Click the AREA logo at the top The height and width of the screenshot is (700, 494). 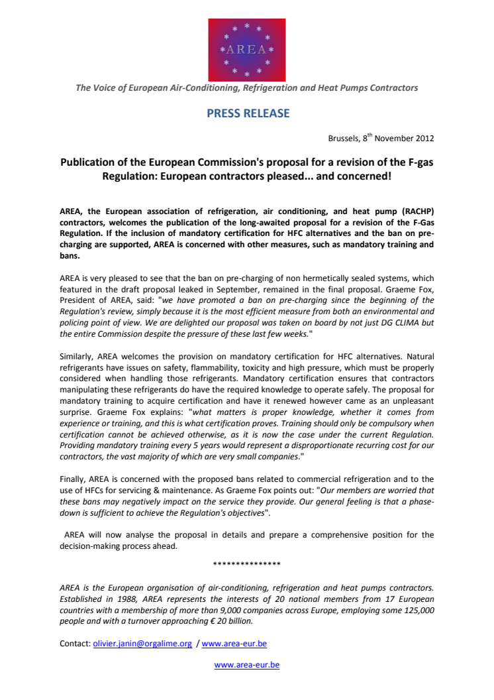[246, 48]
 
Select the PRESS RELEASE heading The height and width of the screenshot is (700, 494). [248, 113]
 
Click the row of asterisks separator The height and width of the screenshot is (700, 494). [246, 564]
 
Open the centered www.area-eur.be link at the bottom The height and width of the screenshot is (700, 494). [246, 665]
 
